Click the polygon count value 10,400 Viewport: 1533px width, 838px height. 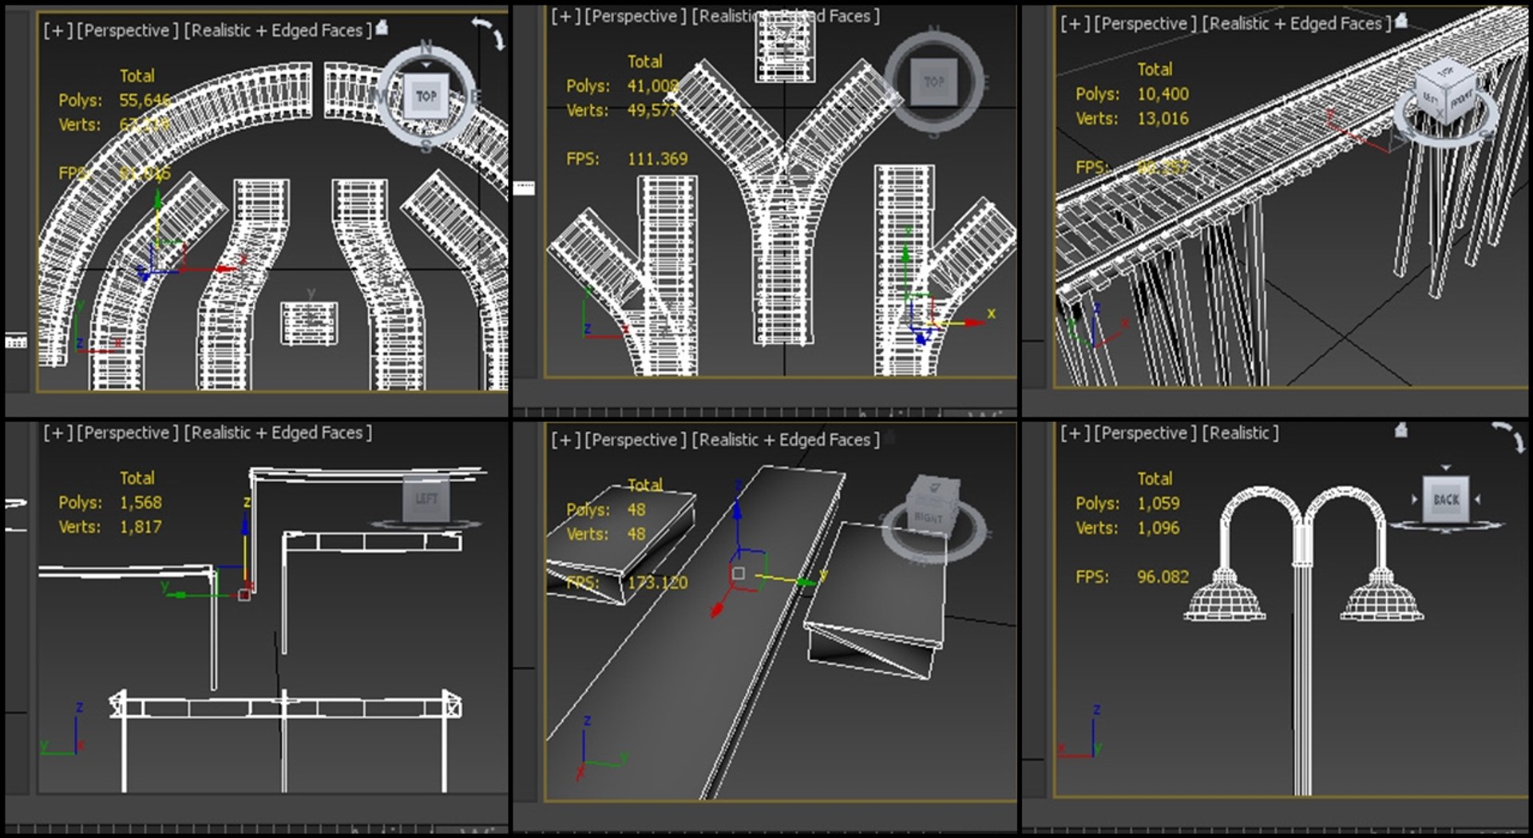[x=1163, y=94]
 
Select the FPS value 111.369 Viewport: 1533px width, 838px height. [x=657, y=159]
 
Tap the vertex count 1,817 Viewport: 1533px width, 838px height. [x=140, y=527]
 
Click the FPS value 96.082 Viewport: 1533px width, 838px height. [x=1163, y=576]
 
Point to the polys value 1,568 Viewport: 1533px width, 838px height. [x=140, y=502]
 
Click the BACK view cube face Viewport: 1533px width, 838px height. [x=1446, y=500]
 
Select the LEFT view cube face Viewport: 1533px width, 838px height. [x=426, y=499]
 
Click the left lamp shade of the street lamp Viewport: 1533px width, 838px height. [x=1224, y=597]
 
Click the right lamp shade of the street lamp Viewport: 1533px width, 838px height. [x=1381, y=597]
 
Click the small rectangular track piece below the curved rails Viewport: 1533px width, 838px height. [x=309, y=323]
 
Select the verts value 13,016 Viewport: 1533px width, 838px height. [x=1163, y=119]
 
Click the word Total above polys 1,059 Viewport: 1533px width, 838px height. [x=1155, y=478]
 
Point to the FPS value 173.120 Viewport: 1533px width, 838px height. [x=657, y=583]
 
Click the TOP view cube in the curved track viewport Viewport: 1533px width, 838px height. [x=426, y=97]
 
